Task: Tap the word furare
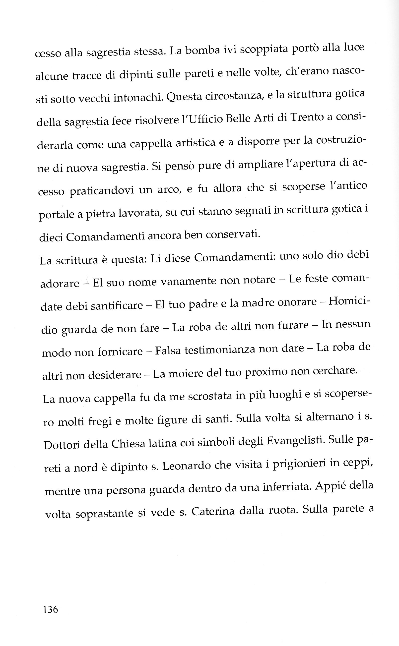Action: click(293, 325)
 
